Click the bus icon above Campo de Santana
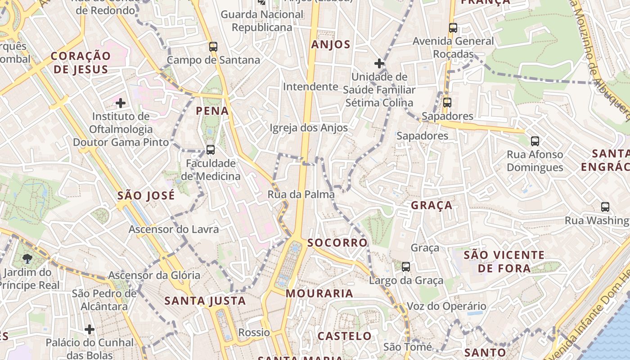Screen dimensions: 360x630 (213, 46)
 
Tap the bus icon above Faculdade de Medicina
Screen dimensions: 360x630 (210, 149)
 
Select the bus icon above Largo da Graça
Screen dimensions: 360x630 (406, 267)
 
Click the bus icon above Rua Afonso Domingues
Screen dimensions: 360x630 (535, 141)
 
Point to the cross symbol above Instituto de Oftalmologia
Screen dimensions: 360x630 (121, 103)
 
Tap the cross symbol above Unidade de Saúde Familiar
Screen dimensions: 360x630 (379, 63)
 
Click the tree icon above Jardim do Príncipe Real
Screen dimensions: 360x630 (27, 258)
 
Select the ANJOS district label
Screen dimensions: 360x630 (331, 45)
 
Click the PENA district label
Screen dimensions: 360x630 (212, 111)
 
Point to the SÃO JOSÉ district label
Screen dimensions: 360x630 (146, 196)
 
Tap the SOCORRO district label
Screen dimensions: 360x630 (337, 243)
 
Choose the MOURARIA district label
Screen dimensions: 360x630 (319, 293)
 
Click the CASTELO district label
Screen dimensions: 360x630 (345, 336)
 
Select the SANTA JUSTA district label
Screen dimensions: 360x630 (205, 301)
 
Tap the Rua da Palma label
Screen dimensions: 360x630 (301, 194)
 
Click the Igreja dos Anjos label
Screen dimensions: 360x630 (309, 128)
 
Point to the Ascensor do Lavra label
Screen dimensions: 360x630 (174, 229)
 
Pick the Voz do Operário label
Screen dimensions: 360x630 (446, 306)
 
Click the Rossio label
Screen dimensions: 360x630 (254, 333)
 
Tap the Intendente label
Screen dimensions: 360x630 (310, 86)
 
